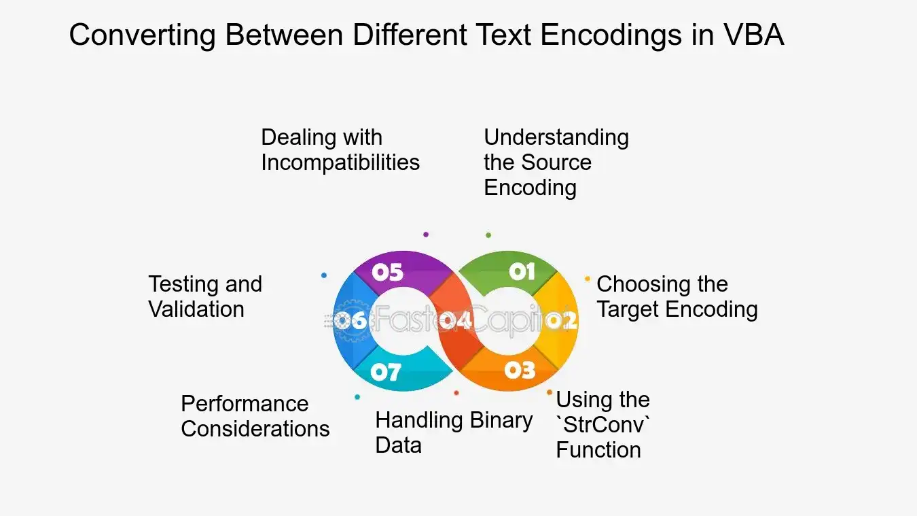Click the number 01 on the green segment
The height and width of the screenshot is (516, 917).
tap(522, 271)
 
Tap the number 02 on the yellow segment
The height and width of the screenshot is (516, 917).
tap(562, 321)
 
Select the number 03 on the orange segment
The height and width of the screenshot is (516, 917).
tap(520, 371)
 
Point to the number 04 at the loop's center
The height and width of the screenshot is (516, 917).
tap(456, 320)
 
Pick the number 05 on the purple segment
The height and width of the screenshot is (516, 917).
tap(387, 272)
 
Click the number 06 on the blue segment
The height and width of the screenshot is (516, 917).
tap(350, 320)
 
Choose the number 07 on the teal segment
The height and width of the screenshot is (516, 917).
tap(386, 372)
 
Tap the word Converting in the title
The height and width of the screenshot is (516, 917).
tap(143, 35)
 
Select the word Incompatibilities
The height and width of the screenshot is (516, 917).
tap(340, 162)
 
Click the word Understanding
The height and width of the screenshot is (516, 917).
tap(556, 138)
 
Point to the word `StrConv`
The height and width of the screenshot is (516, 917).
tap(603, 425)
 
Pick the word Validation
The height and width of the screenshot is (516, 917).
tap(196, 309)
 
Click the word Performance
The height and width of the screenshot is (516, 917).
tap(245, 404)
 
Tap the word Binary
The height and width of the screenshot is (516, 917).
tap(501, 422)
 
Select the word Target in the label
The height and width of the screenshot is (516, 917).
tap(628, 309)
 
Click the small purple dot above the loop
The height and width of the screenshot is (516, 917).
tap(426, 235)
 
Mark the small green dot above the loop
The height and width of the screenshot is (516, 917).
tap(488, 235)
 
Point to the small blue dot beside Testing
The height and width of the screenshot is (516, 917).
tap(324, 275)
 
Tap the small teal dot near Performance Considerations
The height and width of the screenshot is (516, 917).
tap(357, 397)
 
